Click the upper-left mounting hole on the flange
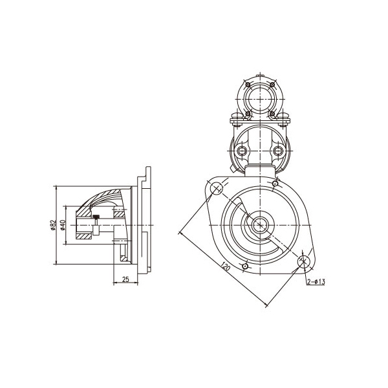(x=216, y=188)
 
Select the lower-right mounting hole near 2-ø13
(x=304, y=261)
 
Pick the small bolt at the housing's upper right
(x=275, y=184)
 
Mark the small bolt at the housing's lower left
(x=245, y=266)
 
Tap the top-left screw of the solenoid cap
(x=247, y=85)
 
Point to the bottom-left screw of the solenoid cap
(x=247, y=113)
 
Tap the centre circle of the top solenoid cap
(x=261, y=99)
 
